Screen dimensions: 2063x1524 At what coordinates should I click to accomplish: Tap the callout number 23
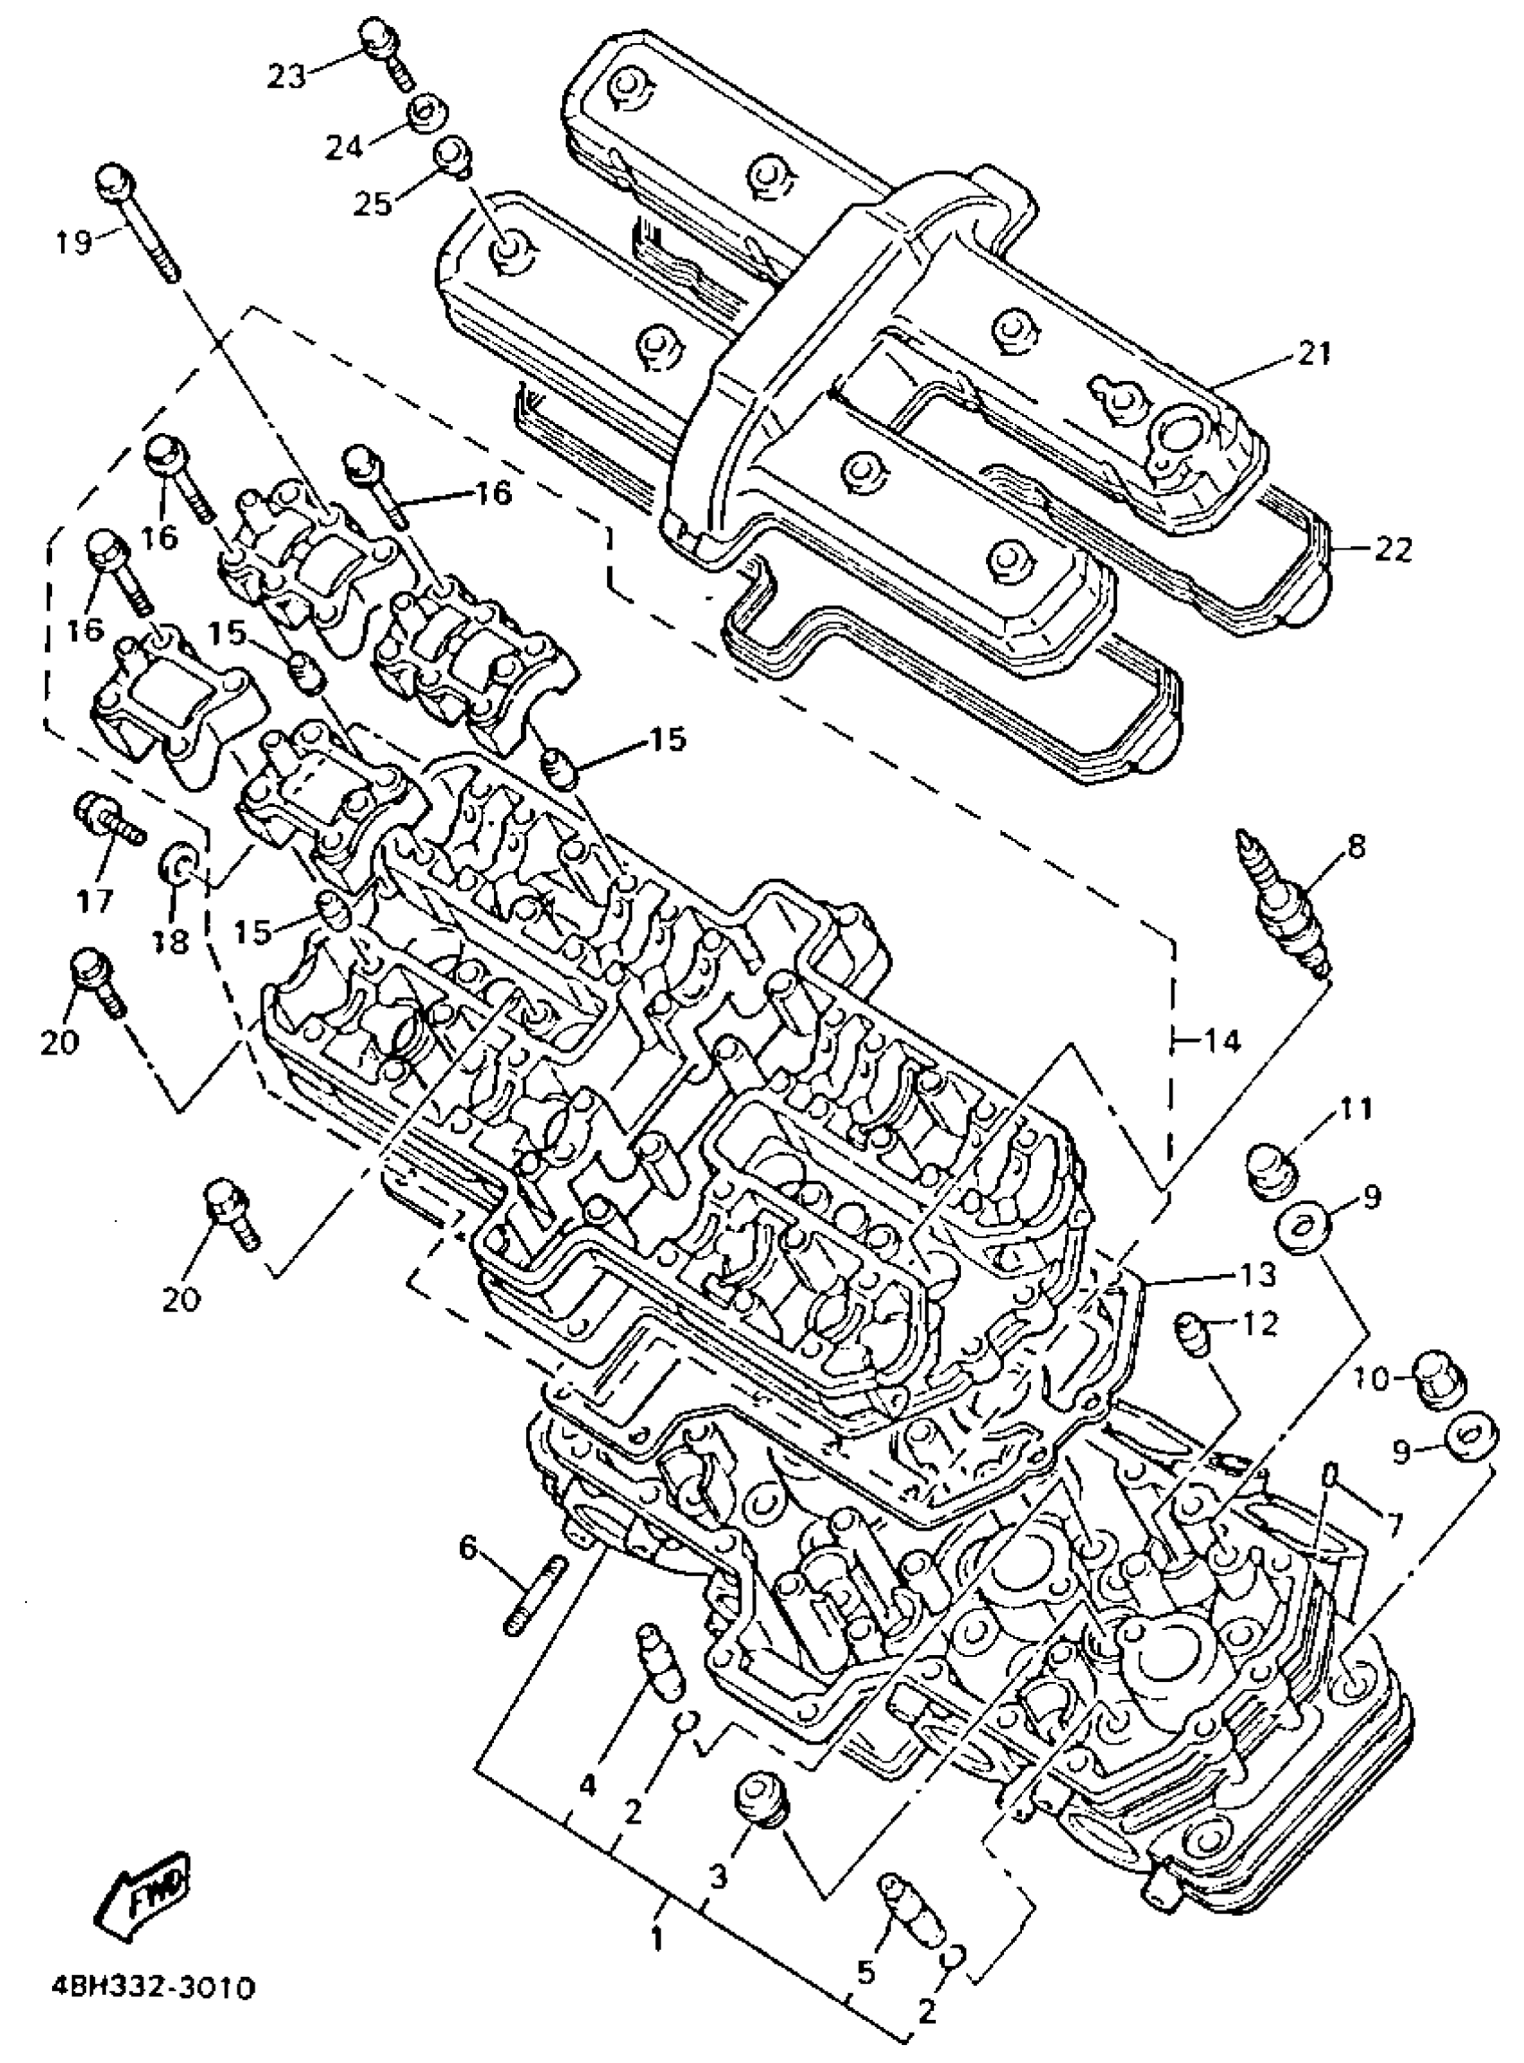coord(286,76)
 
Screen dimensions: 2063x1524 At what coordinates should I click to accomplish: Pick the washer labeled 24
coord(426,117)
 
